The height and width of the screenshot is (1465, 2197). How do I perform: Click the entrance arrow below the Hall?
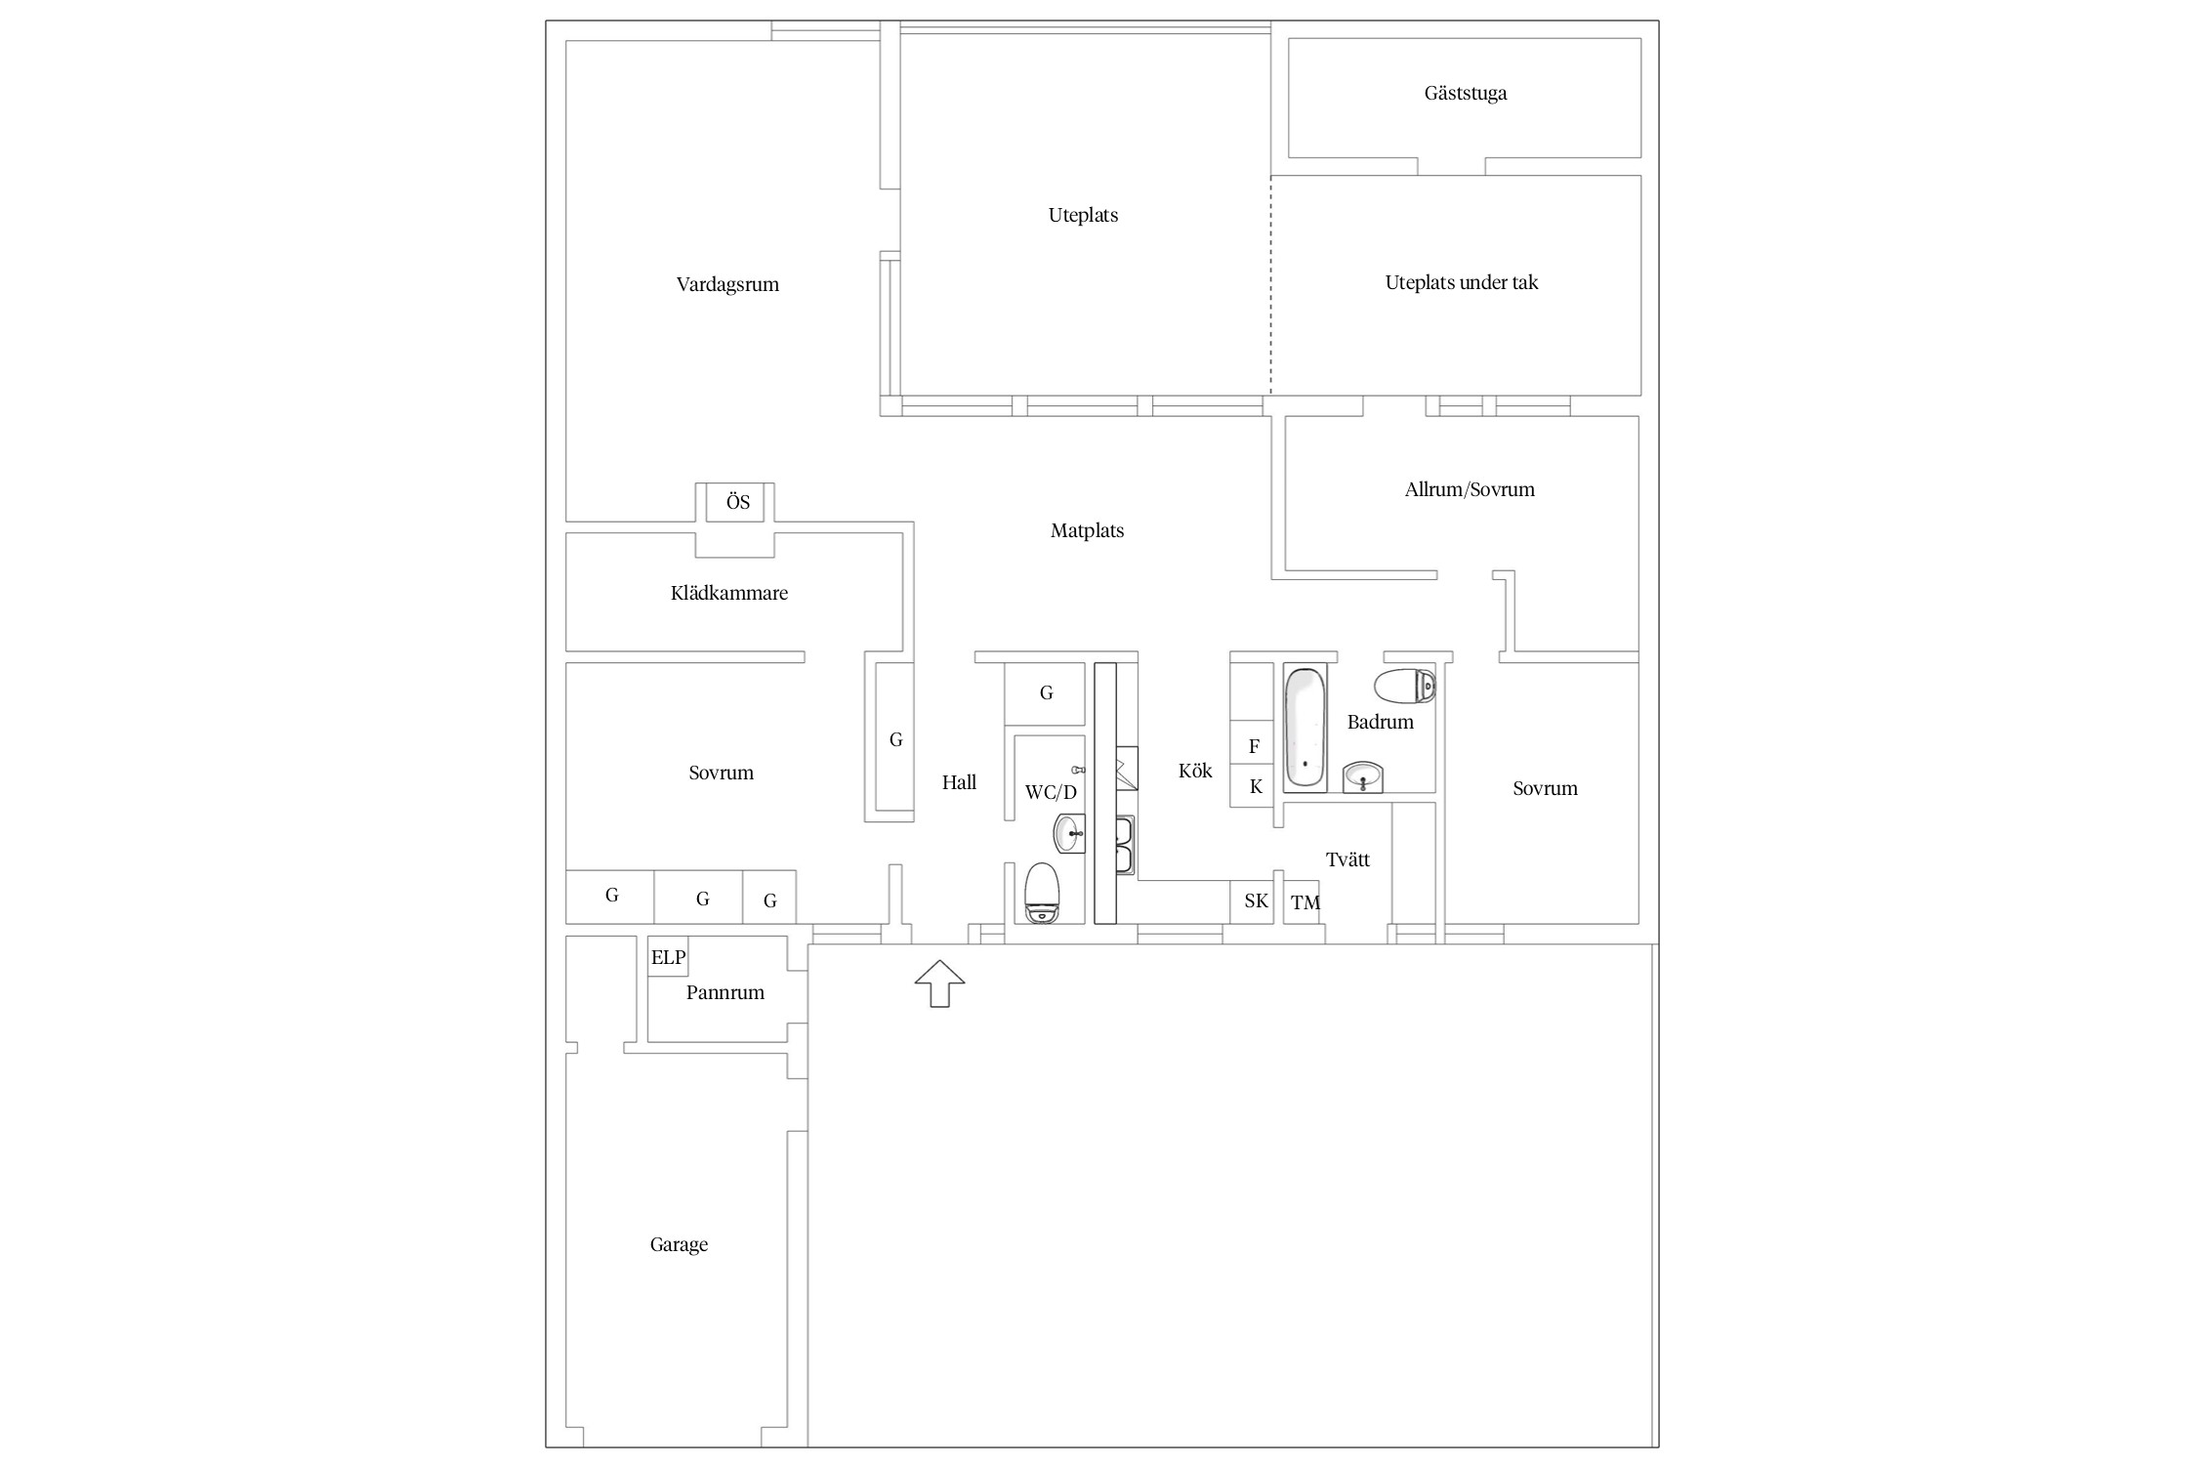939,983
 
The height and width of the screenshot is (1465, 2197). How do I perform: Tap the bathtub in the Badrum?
1305,728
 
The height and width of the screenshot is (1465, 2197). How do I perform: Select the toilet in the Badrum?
1405,688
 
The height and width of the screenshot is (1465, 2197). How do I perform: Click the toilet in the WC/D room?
1042,893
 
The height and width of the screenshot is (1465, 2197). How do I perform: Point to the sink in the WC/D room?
1069,833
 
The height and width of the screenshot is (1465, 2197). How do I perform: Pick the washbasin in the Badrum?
1363,777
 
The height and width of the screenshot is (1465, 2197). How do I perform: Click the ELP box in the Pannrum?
669,957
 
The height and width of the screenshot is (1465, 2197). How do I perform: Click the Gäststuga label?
1465,94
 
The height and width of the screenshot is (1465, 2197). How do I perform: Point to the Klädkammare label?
729,593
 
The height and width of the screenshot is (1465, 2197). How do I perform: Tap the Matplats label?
1087,531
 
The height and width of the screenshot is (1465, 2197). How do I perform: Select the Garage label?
679,1245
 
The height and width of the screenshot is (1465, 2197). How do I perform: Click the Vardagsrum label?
727,285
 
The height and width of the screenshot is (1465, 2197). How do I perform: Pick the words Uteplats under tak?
1462,283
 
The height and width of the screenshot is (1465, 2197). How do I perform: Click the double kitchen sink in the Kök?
1125,844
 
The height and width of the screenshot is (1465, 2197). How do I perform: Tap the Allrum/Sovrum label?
1470,489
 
